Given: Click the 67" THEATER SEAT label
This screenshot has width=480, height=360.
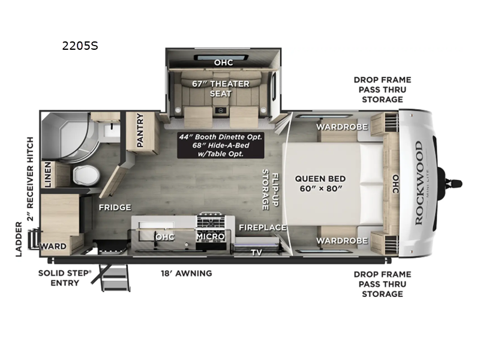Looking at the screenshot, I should point(221,88).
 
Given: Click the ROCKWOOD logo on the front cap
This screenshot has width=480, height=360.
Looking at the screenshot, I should point(418,182).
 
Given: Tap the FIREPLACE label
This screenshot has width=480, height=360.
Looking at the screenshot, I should point(262,227).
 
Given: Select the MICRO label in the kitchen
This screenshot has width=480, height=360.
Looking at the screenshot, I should point(211,236).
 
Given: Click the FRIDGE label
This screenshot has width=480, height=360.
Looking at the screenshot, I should point(115,207).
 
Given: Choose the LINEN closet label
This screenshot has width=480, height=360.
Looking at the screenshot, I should point(47,175).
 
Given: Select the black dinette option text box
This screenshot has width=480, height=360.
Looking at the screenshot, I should point(221,145).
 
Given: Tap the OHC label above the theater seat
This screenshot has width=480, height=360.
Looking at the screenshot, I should point(223,62).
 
